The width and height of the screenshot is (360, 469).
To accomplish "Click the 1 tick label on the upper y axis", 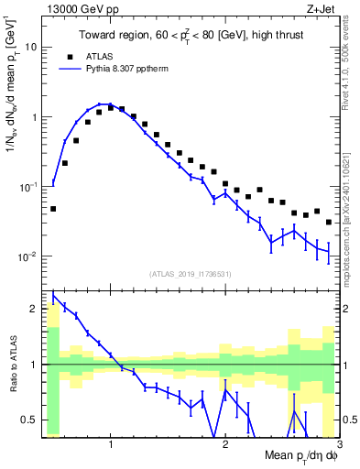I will pyautogui.click(x=33, y=117).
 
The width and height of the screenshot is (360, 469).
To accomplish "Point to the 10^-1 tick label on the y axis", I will pyautogui.click(x=27, y=186).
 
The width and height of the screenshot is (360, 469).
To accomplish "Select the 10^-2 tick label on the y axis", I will pyautogui.click(x=27, y=256).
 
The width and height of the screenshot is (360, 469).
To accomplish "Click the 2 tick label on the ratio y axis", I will pyautogui.click(x=34, y=309).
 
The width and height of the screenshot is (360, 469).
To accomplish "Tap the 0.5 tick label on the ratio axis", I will pyautogui.click(x=29, y=420).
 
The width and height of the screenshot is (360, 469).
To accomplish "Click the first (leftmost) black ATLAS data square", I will pyautogui.click(x=53, y=209).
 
